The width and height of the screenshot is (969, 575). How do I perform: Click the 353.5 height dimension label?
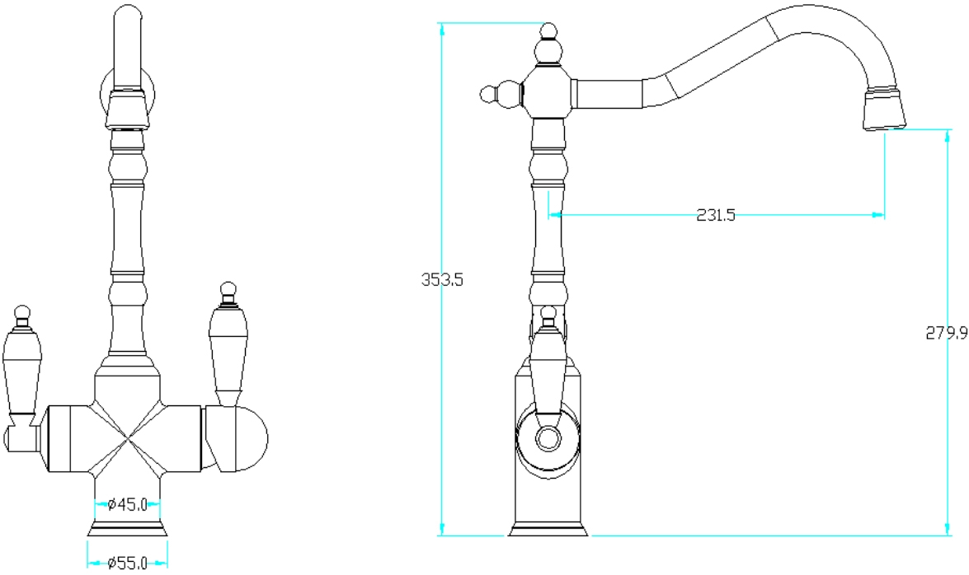(442, 280)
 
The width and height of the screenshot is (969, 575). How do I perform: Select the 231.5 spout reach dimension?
(716, 215)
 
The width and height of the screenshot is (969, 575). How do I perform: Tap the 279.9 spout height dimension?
(946, 333)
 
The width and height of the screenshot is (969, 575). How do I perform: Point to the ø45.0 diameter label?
(127, 505)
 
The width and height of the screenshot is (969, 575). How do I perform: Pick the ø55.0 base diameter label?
(127, 563)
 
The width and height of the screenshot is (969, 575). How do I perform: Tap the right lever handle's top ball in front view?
(228, 289)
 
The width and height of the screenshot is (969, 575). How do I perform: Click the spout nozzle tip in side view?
(884, 110)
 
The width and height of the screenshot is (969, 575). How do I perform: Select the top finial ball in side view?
(549, 30)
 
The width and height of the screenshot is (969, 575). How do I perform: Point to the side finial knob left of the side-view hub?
(488, 94)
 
